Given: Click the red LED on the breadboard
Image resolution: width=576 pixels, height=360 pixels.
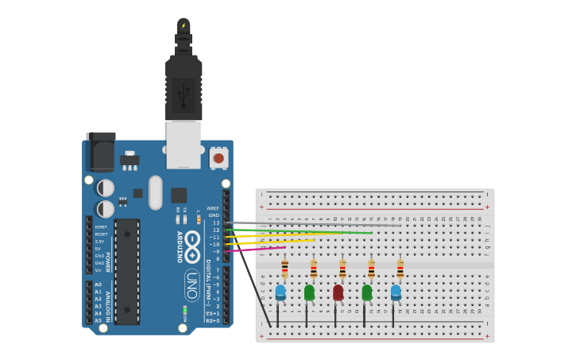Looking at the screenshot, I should click(x=338, y=293).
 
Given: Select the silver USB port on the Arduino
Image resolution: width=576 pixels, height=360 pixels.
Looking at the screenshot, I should click(x=184, y=144).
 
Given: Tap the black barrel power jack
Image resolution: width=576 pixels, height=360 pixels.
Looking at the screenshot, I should click(x=100, y=152).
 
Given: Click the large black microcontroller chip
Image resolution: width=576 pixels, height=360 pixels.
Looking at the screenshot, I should click(x=127, y=271).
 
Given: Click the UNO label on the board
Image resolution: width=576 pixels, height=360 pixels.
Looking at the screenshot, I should click(x=191, y=285).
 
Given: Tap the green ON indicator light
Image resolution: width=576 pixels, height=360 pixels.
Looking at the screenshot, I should click(x=184, y=309).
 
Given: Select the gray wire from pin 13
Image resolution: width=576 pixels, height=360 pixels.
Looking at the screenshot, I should click(x=318, y=224).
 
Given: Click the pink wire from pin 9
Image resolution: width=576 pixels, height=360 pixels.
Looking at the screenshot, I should click(x=254, y=250).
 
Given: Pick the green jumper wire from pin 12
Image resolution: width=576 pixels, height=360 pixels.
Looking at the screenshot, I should click(x=302, y=231).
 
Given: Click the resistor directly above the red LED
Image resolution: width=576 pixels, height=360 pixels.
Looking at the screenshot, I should click(x=342, y=268).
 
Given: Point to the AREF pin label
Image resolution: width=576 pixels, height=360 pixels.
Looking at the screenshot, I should click(x=213, y=208).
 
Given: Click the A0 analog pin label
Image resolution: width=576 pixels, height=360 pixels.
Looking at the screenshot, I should click(x=99, y=285).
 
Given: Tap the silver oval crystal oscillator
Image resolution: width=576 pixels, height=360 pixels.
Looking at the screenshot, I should click(x=156, y=192).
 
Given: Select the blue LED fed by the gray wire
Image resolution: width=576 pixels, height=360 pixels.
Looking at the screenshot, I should click(x=396, y=292).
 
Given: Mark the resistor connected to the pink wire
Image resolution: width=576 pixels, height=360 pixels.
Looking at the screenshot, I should click(x=284, y=268).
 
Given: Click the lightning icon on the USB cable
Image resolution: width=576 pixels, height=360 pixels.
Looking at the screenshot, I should click(x=184, y=25).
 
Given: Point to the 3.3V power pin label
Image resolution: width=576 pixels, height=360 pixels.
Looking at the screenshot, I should click(x=99, y=242).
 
